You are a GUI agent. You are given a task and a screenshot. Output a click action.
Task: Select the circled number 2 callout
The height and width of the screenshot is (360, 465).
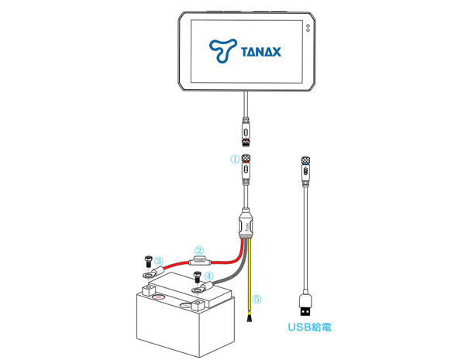(x=198, y=250)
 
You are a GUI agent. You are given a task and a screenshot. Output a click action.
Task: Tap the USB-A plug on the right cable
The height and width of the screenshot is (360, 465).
(x=307, y=300)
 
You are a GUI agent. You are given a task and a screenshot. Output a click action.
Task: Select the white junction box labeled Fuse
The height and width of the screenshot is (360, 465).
(x=245, y=224)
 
